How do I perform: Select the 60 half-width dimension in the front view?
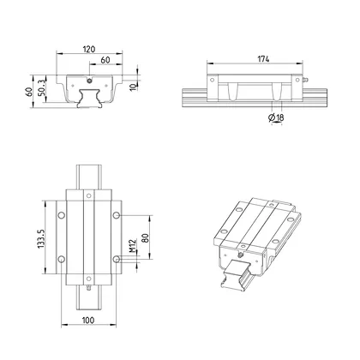pos(105,62)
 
